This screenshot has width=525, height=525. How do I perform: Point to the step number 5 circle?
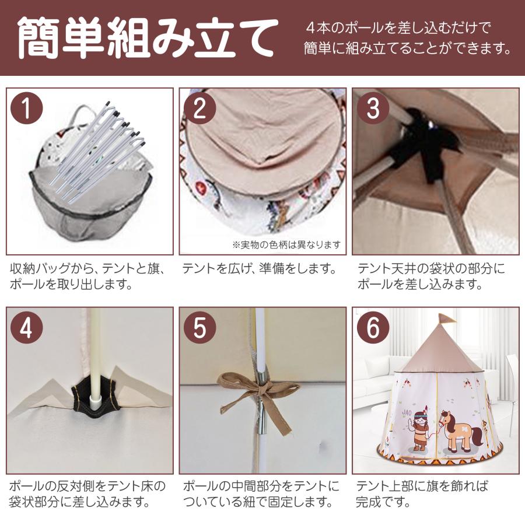click(199, 328)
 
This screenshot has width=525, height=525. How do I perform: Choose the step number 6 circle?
click(373, 328)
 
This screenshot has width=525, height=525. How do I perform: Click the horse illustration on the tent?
click(463, 431)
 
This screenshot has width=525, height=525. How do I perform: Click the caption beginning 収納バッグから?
click(87, 276)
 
